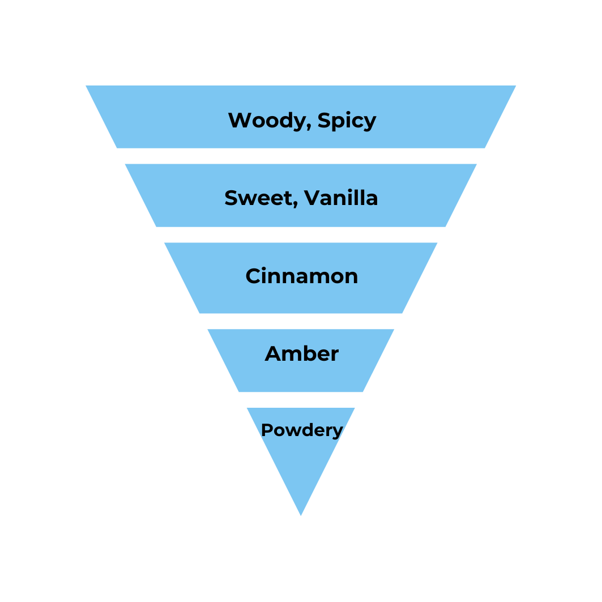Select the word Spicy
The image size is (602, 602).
coord(347,121)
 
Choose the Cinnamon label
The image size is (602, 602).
coord(301,276)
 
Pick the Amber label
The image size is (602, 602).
coord(301,354)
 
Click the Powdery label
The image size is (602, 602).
coord(301,430)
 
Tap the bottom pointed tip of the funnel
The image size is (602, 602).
coord(301,514)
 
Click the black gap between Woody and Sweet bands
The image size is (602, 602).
coord(301,156)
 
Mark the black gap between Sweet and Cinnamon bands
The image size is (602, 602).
coord(301,234)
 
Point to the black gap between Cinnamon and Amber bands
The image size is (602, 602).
coord(301,321)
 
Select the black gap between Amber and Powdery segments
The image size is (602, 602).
coord(301,400)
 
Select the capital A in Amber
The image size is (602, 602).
coord(273,354)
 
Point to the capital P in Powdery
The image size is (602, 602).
coord(266,430)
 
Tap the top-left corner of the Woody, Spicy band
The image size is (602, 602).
coord(87,86)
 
